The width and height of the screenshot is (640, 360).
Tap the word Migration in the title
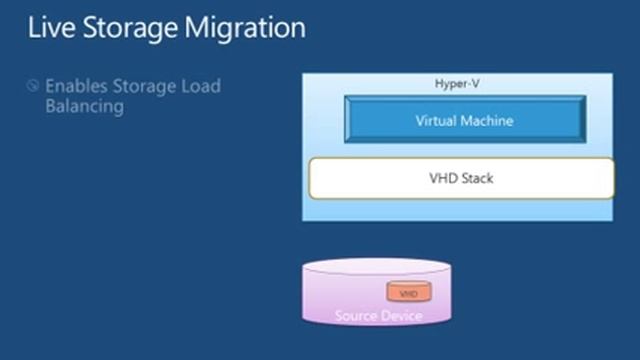[246, 28]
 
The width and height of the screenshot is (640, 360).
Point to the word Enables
[78, 86]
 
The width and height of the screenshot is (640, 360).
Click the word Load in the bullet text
[199, 86]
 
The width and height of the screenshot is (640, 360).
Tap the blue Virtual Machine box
[464, 121]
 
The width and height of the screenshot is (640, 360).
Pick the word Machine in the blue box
[488, 121]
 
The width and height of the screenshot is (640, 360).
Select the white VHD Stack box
[461, 179]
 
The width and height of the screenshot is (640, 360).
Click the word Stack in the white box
[478, 179]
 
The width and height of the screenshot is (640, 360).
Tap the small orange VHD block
[408, 294]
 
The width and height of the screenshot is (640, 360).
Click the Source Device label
[378, 317]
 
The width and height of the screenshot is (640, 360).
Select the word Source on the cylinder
[356, 317]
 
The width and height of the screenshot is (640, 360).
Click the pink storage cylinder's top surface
[377, 273]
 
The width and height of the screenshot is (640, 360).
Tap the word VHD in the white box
[443, 179]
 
